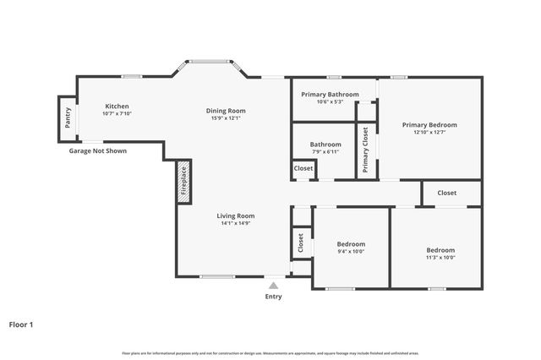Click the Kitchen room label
pyautogui.click(x=117, y=106)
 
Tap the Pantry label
pyautogui.click(x=68, y=117)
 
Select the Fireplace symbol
pyautogui.click(x=183, y=181)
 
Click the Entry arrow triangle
pyautogui.click(x=273, y=286)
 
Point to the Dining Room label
pyautogui.click(x=226, y=110)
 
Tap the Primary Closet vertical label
pyautogui.click(x=365, y=150)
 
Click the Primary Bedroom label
pyautogui.click(x=429, y=124)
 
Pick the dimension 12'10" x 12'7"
pyautogui.click(x=429, y=132)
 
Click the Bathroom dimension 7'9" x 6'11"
pyautogui.click(x=325, y=152)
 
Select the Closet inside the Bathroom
pyautogui.click(x=303, y=169)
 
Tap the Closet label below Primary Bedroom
pyautogui.click(x=446, y=193)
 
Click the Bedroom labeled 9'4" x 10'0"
pyautogui.click(x=351, y=243)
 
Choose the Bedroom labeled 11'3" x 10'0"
pyautogui.click(x=440, y=250)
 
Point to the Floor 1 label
pyautogui.click(x=22, y=324)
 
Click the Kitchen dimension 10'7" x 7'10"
pyautogui.click(x=117, y=113)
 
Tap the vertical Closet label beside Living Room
pyautogui.click(x=301, y=243)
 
